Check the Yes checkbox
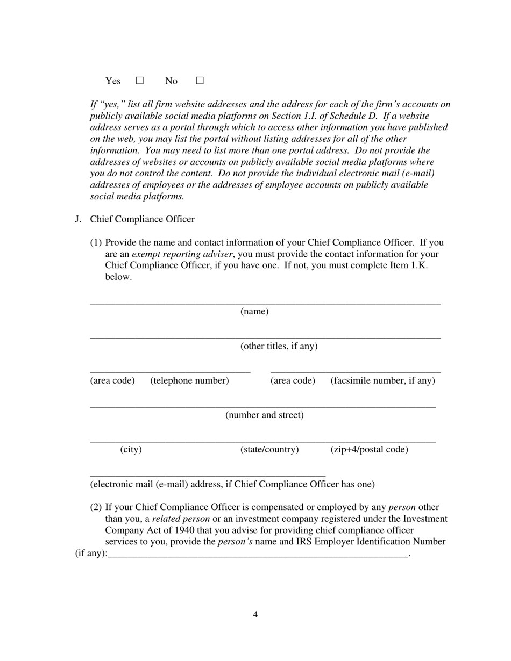140,81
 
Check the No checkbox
200,81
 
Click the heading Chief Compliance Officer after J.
143,219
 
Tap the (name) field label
254,312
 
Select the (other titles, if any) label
279,346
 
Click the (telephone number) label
189,380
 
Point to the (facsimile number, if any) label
382,380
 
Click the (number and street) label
264,415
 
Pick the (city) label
131,449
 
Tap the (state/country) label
269,449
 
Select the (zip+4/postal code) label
369,449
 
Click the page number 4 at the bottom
256,615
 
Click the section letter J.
79,219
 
